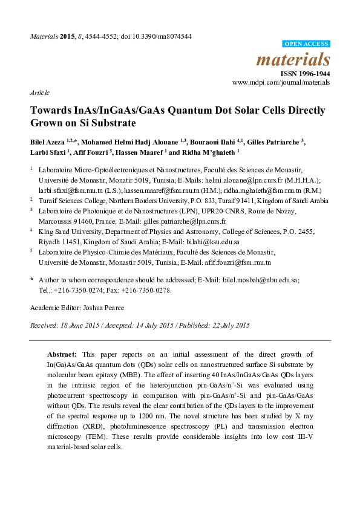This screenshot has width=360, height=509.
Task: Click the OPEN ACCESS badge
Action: click(x=307, y=44)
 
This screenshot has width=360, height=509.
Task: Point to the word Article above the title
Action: click(x=39, y=93)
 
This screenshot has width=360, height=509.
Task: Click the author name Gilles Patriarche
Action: click(x=272, y=142)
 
